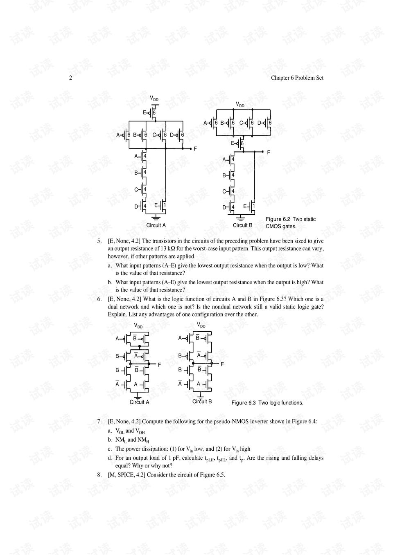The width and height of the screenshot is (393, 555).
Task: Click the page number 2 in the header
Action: [x=70, y=78]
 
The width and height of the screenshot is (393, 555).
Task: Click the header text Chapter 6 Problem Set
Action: [x=297, y=78]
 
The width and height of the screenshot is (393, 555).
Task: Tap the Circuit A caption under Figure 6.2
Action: [x=156, y=225]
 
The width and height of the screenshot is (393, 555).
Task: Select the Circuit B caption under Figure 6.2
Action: [x=242, y=225]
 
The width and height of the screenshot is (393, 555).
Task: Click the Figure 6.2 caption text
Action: [x=290, y=223]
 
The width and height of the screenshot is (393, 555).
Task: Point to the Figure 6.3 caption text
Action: [x=267, y=403]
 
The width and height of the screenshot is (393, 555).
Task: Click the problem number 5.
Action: [x=99, y=241]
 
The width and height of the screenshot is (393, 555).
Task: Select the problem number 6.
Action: [x=99, y=299]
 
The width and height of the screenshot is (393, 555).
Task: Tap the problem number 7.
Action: [x=99, y=422]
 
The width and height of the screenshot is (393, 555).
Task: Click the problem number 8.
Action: [x=99, y=475]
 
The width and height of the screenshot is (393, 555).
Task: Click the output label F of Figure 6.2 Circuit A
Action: [x=195, y=149]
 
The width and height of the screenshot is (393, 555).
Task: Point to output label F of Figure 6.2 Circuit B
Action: [x=269, y=152]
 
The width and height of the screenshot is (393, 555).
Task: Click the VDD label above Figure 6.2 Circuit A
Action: [x=154, y=99]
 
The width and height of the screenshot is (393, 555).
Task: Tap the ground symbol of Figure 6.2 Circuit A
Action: [x=156, y=218]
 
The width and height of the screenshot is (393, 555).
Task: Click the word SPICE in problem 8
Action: [x=126, y=475]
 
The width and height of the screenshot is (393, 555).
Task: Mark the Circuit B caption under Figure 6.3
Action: [x=202, y=402]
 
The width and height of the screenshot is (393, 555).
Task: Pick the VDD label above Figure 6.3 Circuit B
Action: [x=201, y=325]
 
